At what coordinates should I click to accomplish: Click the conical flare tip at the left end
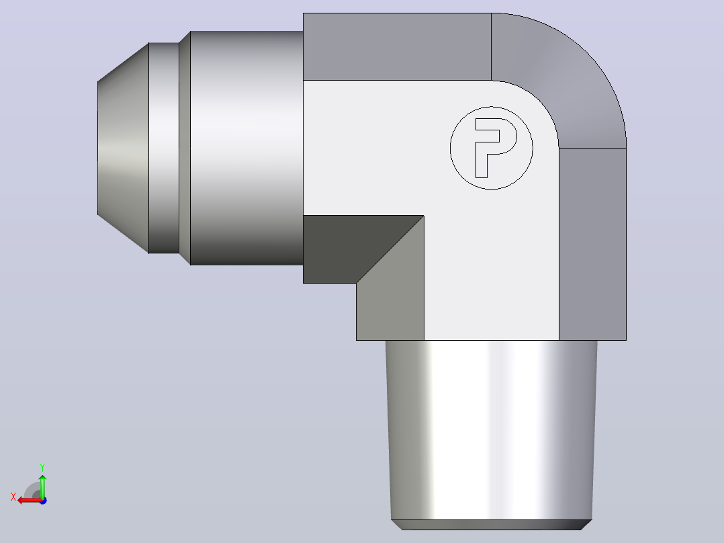click(124, 148)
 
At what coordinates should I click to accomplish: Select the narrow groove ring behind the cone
click(164, 148)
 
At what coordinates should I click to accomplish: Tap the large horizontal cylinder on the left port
click(246, 148)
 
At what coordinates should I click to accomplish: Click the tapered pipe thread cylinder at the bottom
click(492, 430)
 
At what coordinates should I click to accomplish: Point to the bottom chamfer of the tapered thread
click(492, 525)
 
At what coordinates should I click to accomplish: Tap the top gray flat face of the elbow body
click(397, 46)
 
